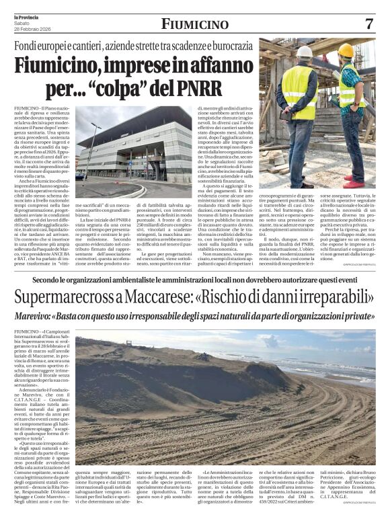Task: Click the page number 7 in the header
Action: click(x=368, y=24)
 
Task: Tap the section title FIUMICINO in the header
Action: click(x=194, y=24)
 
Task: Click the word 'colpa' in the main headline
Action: click(x=134, y=88)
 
